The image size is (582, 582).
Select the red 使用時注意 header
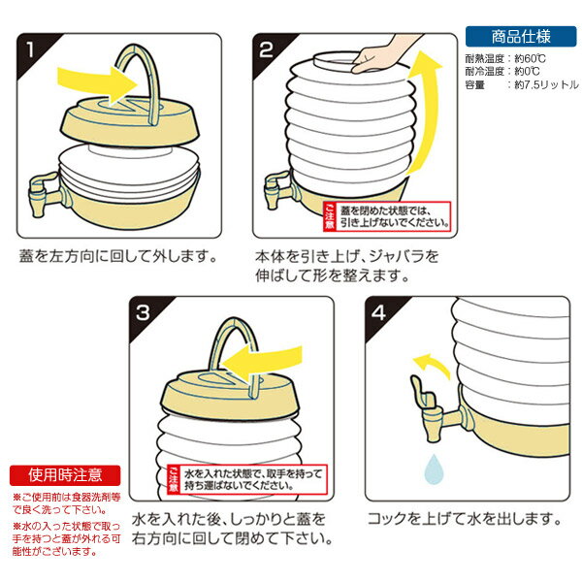[x=64, y=475]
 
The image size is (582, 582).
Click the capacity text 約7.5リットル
[x=543, y=85]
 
